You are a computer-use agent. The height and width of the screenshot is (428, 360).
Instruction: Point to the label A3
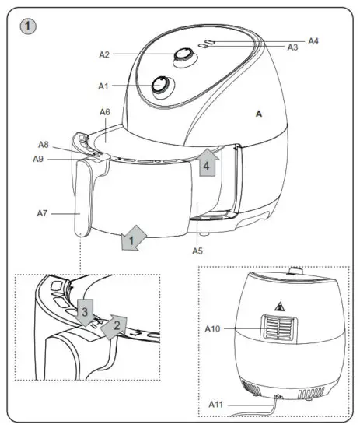coord(293,48)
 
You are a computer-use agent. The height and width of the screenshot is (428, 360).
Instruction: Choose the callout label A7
coord(44,212)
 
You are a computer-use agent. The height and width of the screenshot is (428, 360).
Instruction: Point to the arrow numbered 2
coord(116,324)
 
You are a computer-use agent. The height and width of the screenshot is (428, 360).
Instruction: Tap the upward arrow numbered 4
coord(207,164)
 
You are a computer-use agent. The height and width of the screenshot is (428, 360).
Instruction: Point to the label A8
coord(44,145)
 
